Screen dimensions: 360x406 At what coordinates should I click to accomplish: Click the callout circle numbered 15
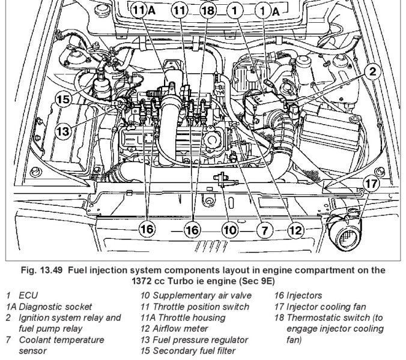(64, 100)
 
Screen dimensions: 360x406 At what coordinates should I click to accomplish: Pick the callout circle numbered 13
(64, 130)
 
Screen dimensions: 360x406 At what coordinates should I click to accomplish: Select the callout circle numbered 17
(372, 182)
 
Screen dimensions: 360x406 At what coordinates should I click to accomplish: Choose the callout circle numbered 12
(295, 229)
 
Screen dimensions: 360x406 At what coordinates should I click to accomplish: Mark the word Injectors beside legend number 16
(308, 296)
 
